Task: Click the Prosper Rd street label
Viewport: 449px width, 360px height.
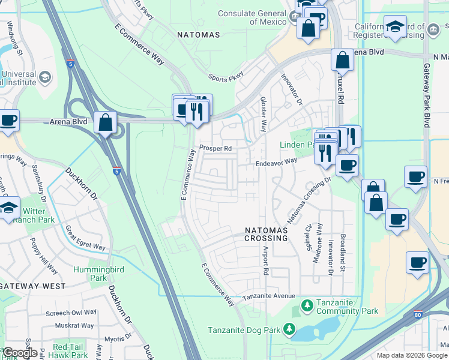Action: tap(215, 148)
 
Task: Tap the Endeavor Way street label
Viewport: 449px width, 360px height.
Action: tap(276, 161)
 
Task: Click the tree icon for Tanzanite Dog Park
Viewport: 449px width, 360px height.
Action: tap(289, 329)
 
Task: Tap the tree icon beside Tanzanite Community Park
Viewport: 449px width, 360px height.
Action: tap(307, 307)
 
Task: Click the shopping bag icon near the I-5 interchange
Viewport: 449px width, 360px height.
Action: tap(105, 122)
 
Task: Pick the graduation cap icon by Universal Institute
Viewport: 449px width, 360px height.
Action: tap(46, 78)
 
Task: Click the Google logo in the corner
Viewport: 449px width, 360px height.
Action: tap(20, 353)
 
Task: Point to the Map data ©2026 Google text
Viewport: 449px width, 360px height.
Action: tap(411, 355)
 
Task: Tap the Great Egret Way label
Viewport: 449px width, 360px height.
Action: tap(85, 238)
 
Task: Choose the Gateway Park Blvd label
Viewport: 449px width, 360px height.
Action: tap(427, 96)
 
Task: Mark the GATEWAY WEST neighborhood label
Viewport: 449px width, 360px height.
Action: tap(32, 286)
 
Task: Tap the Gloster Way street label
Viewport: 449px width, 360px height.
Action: tap(263, 114)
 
